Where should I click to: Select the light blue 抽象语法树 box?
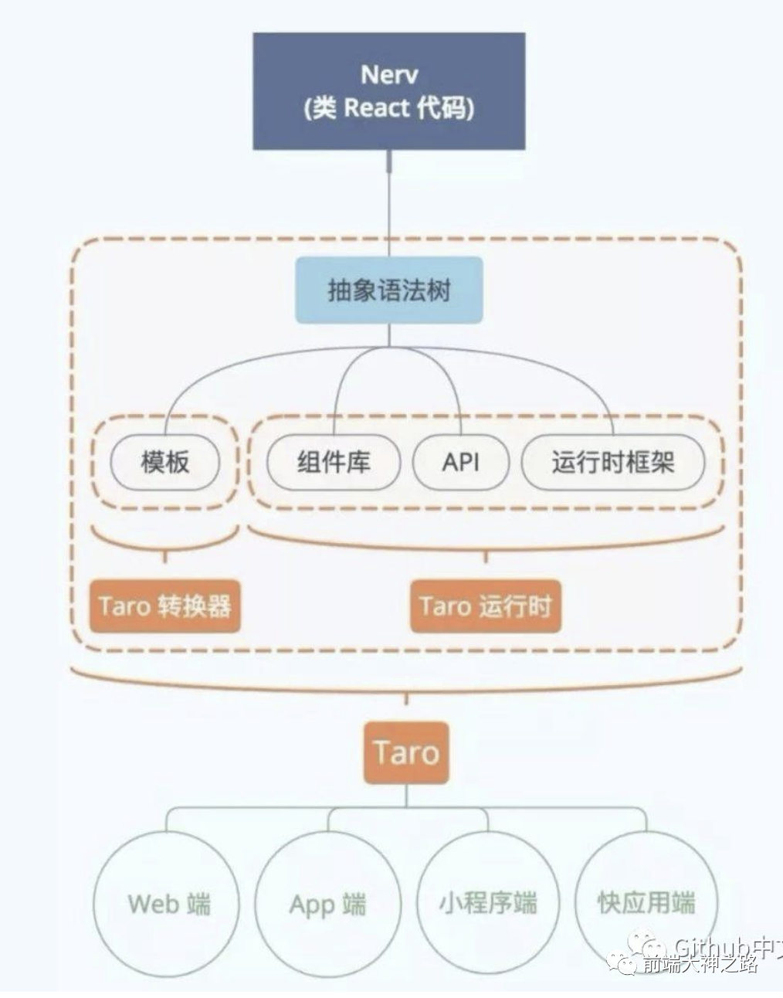coord(389,290)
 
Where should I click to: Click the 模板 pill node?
coord(164,462)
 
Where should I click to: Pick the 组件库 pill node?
coord(333,462)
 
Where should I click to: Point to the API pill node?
coord(460,462)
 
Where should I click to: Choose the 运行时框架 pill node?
coord(613,462)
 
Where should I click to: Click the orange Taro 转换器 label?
coord(164,606)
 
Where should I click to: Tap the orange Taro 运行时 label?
coord(485,606)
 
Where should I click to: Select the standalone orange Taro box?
coord(406,752)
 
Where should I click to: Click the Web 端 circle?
coord(168,903)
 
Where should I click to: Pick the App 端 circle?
coord(327,903)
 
